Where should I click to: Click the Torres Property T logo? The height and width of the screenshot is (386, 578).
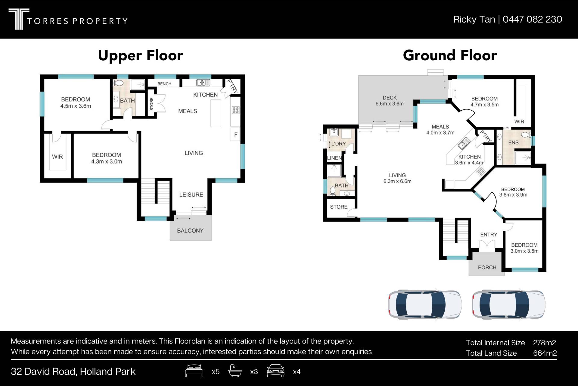19,19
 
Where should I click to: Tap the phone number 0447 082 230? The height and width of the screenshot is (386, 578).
532,19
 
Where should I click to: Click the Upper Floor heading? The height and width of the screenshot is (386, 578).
140,56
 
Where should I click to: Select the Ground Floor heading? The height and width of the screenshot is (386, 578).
450,55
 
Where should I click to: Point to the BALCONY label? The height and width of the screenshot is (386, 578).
190,231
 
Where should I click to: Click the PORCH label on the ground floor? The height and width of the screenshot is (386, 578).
487,267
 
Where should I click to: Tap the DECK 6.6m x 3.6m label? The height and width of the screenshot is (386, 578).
390,101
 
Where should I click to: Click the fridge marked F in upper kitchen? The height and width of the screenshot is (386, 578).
236,135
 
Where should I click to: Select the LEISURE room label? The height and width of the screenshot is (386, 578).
191,195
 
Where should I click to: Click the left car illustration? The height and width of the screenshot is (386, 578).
425,304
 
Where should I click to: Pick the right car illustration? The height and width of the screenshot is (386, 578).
508,304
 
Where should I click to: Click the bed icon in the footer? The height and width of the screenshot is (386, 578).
194,371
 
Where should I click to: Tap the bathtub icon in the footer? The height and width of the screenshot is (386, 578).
235,371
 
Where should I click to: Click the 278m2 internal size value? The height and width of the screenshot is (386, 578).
545,343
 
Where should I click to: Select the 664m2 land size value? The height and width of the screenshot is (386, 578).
545,353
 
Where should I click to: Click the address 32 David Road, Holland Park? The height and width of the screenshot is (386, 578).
73,372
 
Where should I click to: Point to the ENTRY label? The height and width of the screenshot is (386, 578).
489,235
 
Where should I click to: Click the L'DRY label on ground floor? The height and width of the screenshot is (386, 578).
339,144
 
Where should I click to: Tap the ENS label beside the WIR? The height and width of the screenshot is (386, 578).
513,143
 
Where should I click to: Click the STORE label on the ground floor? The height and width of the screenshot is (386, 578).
339,207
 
